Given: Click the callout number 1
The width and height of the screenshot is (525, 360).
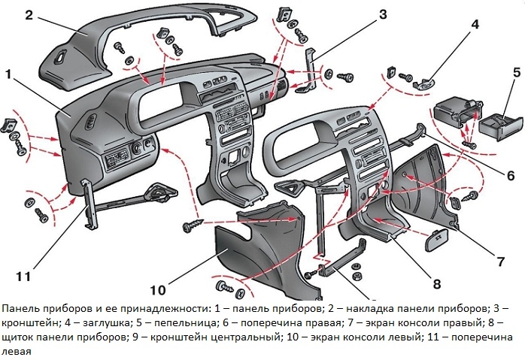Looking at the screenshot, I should [x=10, y=74].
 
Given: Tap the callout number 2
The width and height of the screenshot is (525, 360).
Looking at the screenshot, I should [x=28, y=15].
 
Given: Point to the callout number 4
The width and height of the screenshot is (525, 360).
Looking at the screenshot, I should [x=475, y=24].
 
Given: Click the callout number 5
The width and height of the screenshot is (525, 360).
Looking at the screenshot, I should [x=517, y=73].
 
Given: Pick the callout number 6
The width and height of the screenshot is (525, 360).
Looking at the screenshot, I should [x=509, y=175].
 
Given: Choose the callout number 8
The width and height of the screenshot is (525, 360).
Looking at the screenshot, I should [x=435, y=283].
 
